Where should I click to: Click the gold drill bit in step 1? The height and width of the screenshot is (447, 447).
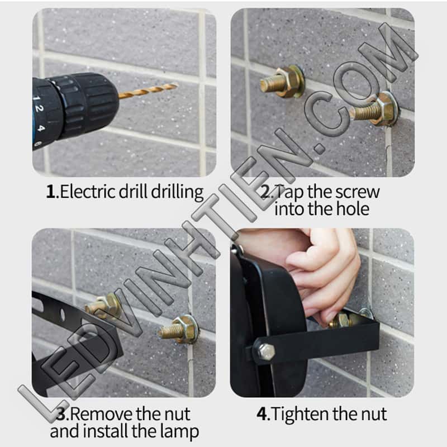click(x=148, y=91)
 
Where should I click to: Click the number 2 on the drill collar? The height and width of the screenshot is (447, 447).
click(x=40, y=108)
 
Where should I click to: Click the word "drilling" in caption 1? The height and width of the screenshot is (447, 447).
click(x=177, y=192)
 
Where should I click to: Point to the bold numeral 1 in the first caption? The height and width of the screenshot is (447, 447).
click(x=50, y=192)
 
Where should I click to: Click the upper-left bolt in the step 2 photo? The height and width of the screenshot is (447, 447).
click(x=282, y=81)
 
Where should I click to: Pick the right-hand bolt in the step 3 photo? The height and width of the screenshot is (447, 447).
click(x=179, y=330)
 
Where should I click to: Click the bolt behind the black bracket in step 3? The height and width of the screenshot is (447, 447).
click(x=103, y=306)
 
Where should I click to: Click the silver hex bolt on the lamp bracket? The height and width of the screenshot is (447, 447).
click(x=267, y=352)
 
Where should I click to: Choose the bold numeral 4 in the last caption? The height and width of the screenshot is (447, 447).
click(x=262, y=414)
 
